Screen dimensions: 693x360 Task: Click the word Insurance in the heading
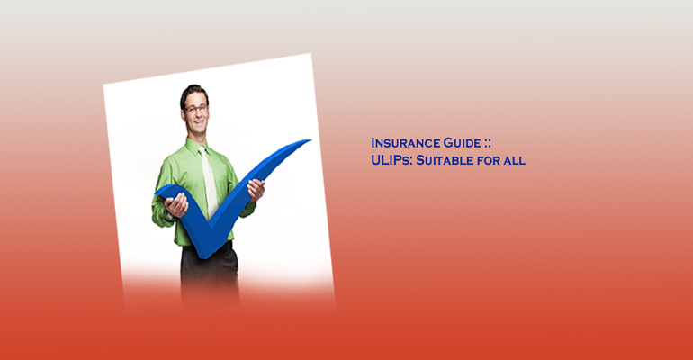tap(406, 143)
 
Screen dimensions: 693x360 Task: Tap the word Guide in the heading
tap(463, 143)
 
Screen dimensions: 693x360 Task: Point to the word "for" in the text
tap(485, 160)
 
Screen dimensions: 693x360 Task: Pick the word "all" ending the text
tap(514, 160)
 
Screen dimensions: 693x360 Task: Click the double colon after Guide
tap(488, 144)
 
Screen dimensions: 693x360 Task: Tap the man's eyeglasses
tap(196, 109)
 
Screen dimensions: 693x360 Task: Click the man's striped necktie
tap(209, 181)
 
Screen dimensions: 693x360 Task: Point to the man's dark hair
tap(193, 93)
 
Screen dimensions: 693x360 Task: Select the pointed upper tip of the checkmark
tap(310, 140)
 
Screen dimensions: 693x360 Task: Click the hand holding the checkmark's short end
tap(176, 205)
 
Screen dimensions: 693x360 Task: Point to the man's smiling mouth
tap(198, 122)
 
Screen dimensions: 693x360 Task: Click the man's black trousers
tap(210, 274)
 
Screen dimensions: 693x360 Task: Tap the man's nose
tap(197, 114)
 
